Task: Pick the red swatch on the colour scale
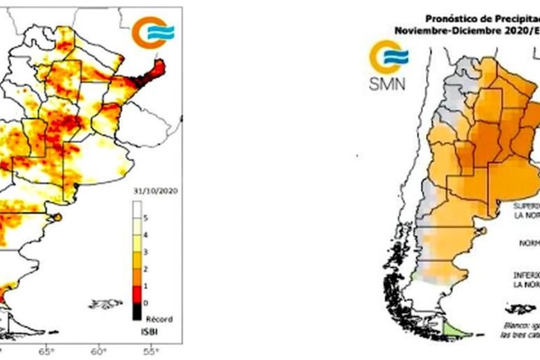coord(137,291)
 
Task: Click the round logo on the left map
coord(152,32)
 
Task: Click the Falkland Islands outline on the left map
coord(106,304)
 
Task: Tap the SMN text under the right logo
coord(387,85)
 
